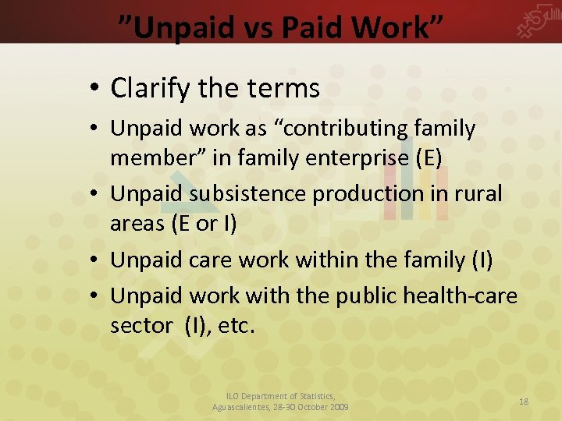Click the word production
367,193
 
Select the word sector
140,326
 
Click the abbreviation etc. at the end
237,326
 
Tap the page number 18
524,401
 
